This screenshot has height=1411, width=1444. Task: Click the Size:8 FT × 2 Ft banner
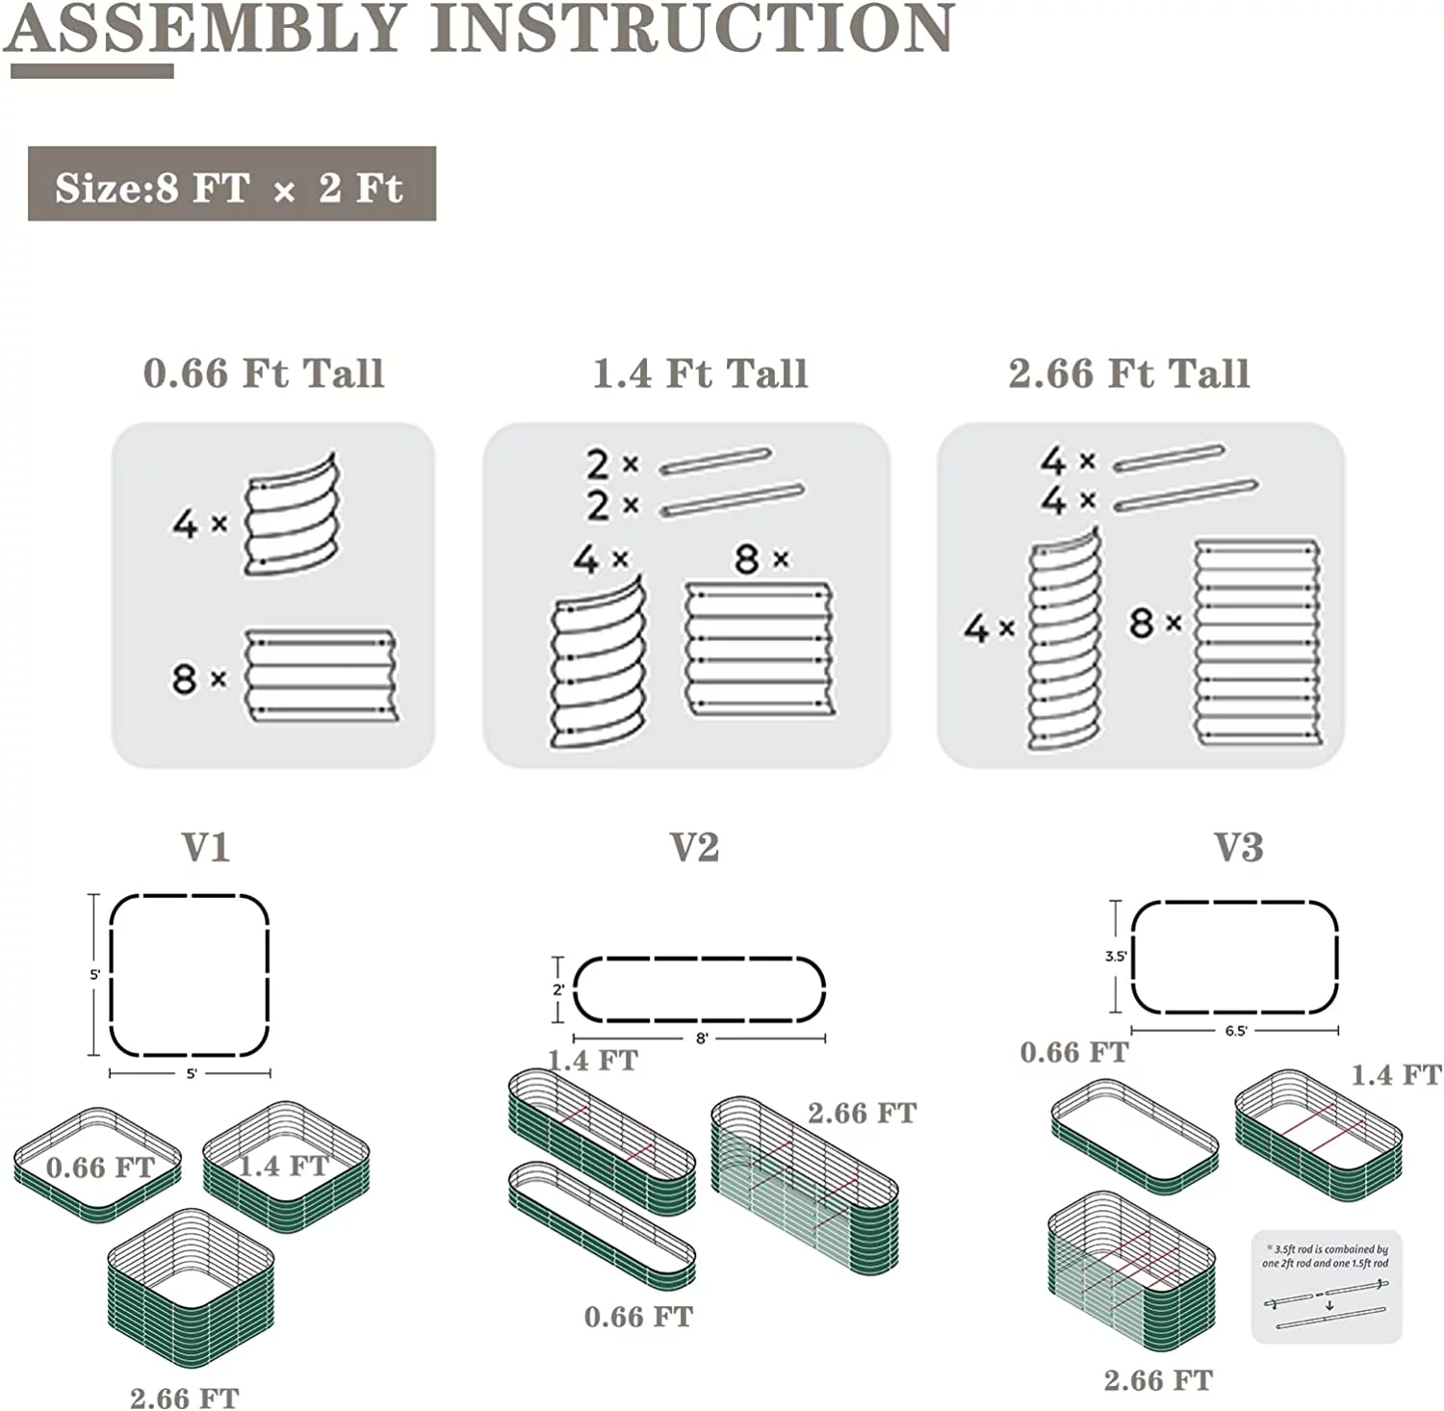[x=231, y=185]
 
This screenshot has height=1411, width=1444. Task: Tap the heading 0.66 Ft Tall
[x=264, y=373]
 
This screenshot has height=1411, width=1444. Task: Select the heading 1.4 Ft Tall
[x=700, y=373]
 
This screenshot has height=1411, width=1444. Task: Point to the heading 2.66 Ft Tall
[x=1128, y=373]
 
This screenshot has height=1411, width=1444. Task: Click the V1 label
[x=206, y=847]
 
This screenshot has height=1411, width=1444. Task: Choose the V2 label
[x=694, y=847]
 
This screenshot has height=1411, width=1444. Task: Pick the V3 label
[x=1238, y=847]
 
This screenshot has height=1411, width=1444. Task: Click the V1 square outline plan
[x=189, y=975]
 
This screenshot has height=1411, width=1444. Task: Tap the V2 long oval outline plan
[x=699, y=989]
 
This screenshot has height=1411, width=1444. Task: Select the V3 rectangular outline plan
[x=1234, y=957]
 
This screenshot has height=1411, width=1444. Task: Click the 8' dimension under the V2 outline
[x=702, y=1039]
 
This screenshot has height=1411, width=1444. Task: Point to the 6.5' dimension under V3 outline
[x=1236, y=1031]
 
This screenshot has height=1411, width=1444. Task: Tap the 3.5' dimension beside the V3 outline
[x=1115, y=957]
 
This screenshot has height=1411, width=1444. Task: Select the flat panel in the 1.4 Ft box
[x=760, y=649]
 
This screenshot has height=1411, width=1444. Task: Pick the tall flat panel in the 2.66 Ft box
[x=1256, y=642]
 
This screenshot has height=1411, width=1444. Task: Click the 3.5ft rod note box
[x=1327, y=1286]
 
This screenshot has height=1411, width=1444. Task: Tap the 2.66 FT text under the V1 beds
[x=184, y=1397]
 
